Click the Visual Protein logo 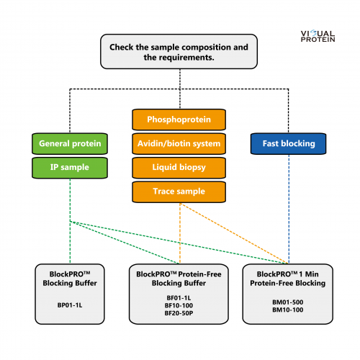[318, 36]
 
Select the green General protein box [70, 143]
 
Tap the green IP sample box [70, 168]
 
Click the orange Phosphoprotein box [179, 120]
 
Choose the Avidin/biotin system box [179, 143]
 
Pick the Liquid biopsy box [179, 168]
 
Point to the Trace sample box [179, 192]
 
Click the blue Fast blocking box [289, 143]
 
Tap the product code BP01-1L [70, 305]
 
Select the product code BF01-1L [179, 298]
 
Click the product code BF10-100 [179, 305]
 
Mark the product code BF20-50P [179, 313]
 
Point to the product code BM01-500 [288, 302]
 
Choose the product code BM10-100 [288, 310]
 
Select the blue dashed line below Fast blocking [289, 209]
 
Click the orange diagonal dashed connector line [234, 233]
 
